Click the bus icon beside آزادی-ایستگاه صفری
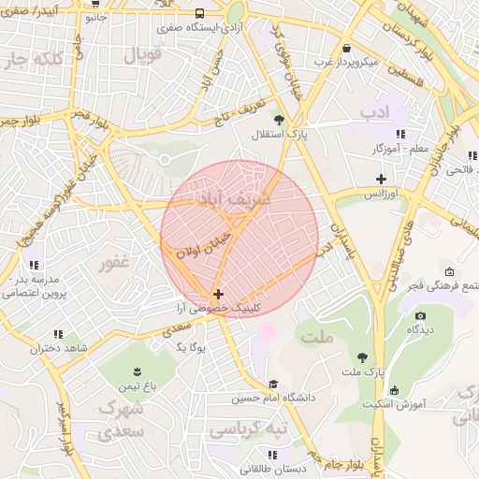tap(200, 14)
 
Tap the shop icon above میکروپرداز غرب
tap(347, 48)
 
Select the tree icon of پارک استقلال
tap(279, 119)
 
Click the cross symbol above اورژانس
tap(381, 178)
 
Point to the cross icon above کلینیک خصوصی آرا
tap(219, 294)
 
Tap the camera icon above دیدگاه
tap(420, 316)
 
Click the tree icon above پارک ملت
tap(362, 357)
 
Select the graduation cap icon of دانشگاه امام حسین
tap(273, 384)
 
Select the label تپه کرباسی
tap(245, 429)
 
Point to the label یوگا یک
tap(196, 347)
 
